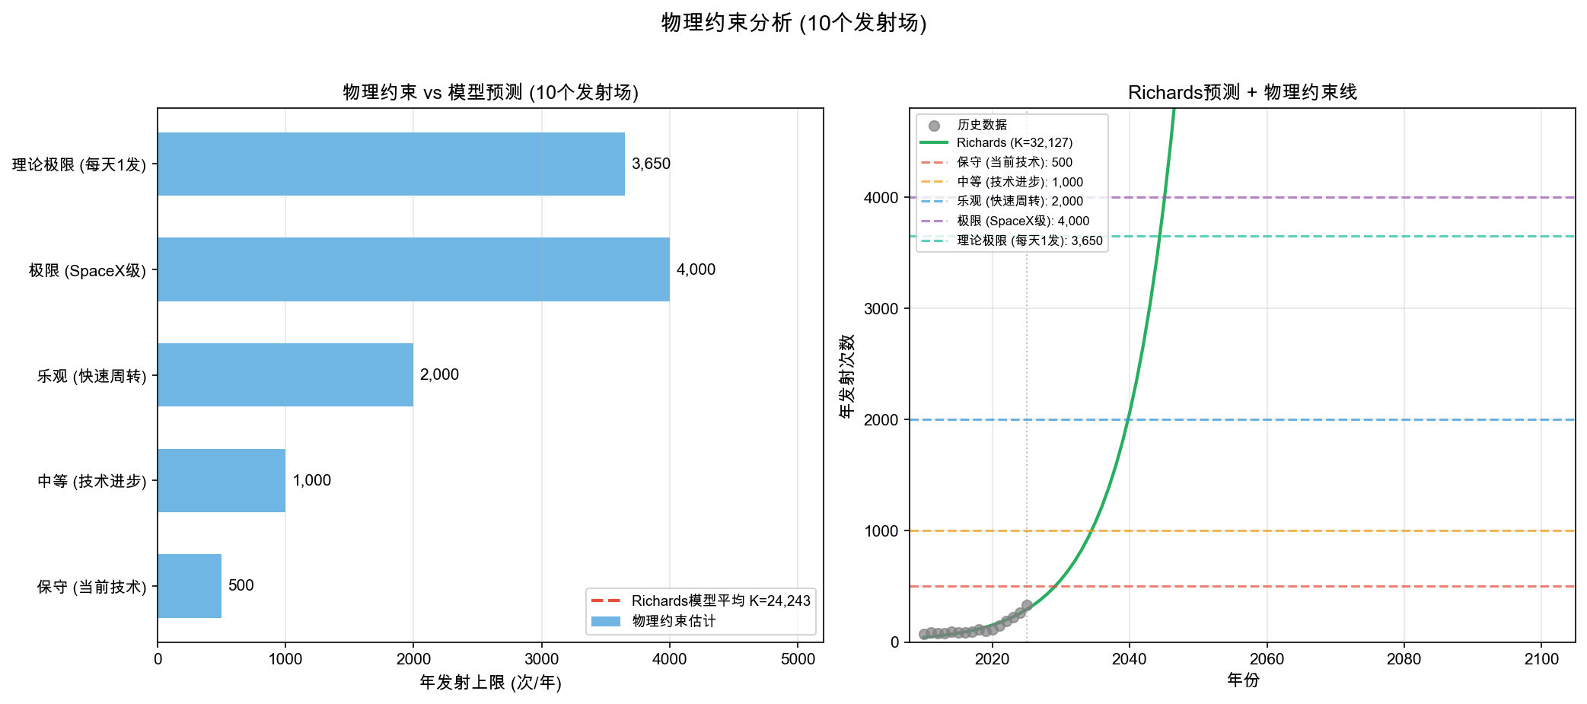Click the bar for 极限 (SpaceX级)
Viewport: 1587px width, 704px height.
point(413,269)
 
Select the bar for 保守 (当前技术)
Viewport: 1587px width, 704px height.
point(190,586)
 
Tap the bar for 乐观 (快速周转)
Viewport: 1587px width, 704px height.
point(285,374)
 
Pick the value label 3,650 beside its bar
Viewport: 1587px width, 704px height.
point(651,164)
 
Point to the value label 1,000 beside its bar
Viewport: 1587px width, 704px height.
point(312,480)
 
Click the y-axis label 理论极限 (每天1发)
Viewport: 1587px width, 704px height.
point(79,164)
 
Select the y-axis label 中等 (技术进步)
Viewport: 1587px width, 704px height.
point(92,481)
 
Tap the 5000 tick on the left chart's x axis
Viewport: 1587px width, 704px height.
point(798,659)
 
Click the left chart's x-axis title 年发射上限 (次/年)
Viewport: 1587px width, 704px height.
point(490,683)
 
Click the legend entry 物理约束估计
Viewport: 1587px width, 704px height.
point(674,621)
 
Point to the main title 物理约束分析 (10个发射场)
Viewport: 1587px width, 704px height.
point(794,23)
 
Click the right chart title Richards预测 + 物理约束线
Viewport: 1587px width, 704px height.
point(1242,92)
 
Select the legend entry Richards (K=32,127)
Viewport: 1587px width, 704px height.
point(1014,142)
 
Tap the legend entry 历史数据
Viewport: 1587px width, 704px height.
point(982,125)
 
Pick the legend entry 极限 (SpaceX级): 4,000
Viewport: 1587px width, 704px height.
point(1023,221)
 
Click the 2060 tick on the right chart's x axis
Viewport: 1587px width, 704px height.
point(1267,659)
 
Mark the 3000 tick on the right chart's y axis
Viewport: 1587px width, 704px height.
point(881,308)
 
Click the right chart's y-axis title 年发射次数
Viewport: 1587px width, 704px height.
point(847,375)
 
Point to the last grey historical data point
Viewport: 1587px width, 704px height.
point(1027,606)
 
